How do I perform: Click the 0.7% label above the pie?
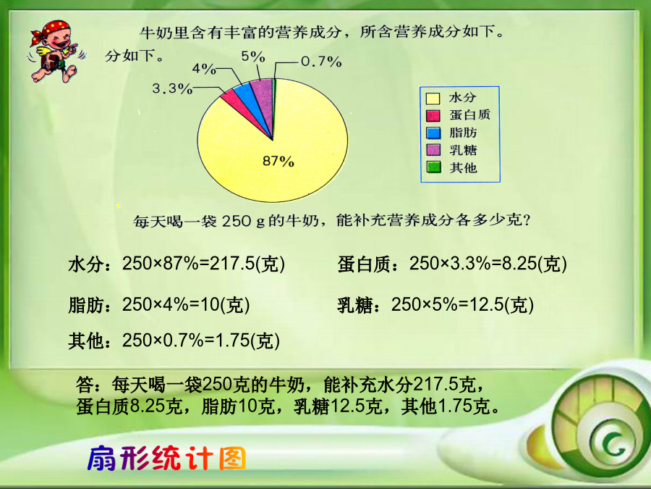321,62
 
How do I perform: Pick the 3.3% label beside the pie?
172,88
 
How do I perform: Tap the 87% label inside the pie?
278,161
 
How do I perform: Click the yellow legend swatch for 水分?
433,99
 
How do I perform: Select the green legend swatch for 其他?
433,167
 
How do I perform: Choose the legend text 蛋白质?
469,114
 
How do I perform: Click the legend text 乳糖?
463,150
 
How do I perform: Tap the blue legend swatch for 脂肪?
433,133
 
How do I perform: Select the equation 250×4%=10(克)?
186,305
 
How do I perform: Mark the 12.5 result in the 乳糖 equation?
486,305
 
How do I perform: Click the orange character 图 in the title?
233,459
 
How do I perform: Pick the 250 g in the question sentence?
243,221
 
